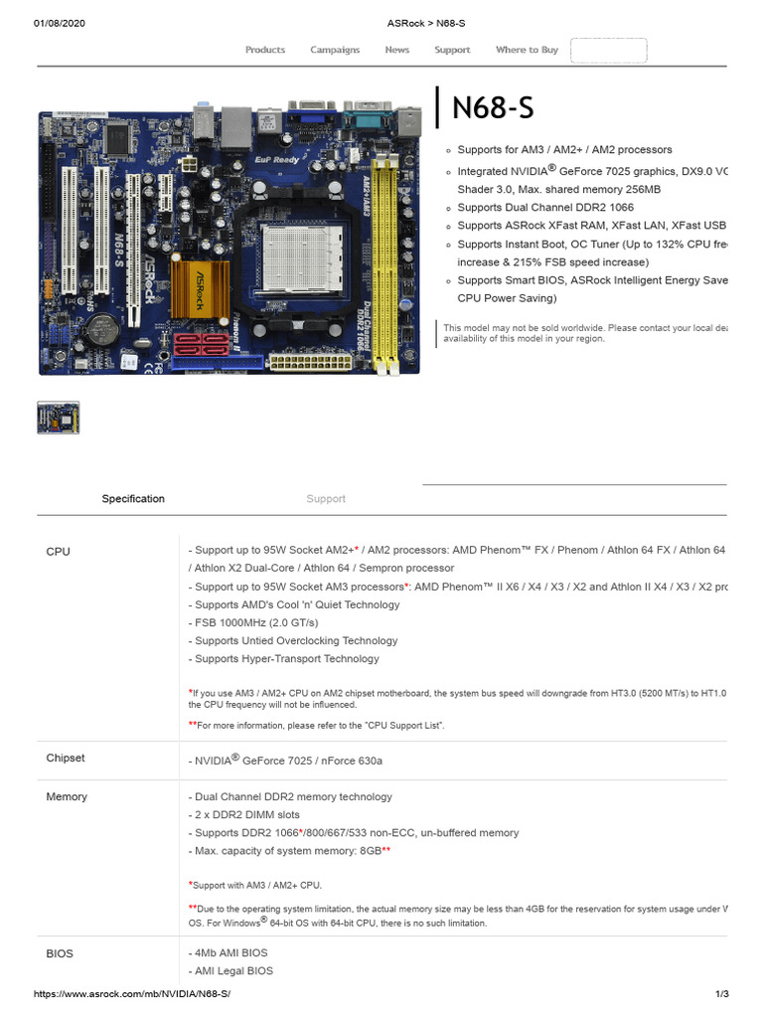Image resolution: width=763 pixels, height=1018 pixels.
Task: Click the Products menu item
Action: tap(265, 50)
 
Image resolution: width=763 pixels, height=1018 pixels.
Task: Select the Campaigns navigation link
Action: tap(335, 50)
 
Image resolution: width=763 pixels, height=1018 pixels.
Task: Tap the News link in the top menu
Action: tap(397, 50)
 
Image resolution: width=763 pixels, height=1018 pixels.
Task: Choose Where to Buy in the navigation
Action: tap(527, 50)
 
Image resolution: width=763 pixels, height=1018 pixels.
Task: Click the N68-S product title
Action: tap(493, 108)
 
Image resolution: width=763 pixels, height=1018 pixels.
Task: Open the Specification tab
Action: tap(133, 499)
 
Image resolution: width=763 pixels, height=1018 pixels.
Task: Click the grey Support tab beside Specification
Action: tap(326, 499)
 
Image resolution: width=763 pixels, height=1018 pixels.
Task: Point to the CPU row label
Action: tap(59, 551)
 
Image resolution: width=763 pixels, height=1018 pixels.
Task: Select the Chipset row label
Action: tap(66, 758)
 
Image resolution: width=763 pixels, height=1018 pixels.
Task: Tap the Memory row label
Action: tap(67, 796)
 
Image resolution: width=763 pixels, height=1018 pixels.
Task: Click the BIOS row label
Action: tap(60, 953)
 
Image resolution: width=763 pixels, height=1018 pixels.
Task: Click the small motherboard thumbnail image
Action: tap(59, 418)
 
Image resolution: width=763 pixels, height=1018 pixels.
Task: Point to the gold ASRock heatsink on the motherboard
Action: tap(201, 287)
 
